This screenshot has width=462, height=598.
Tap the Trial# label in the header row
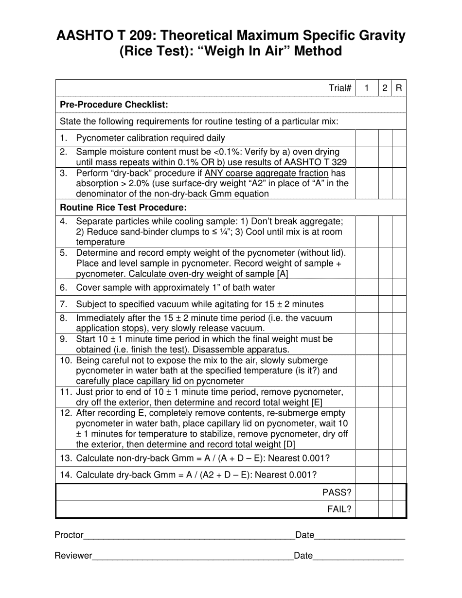pyautogui.click(x=340, y=88)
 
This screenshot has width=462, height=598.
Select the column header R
pyautogui.click(x=399, y=88)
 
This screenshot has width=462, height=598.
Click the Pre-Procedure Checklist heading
pyautogui.click(x=114, y=105)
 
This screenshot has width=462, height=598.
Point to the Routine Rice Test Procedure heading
pyautogui.click(x=123, y=208)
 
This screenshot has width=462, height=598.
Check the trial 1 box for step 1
pyautogui.click(x=367, y=138)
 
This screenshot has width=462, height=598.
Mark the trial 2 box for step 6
pyautogui.click(x=385, y=287)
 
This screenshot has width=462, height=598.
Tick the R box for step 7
pyautogui.click(x=399, y=304)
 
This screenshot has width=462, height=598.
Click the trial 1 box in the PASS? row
pyautogui.click(x=367, y=492)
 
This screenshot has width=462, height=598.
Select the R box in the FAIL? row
pyautogui.click(x=399, y=509)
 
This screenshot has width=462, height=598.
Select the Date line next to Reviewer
pyautogui.click(x=358, y=557)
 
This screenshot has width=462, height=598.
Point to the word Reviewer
pyautogui.click(x=73, y=556)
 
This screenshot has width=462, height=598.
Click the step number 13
pyautogui.click(x=66, y=458)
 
